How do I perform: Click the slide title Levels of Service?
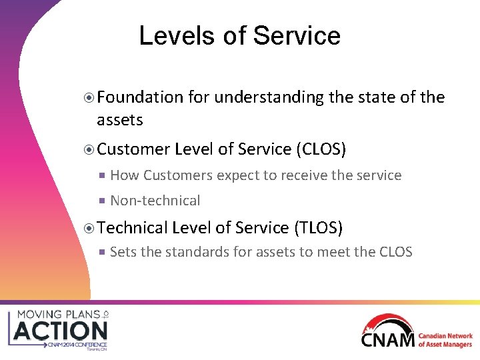point(239,36)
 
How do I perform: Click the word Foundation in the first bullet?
point(140,97)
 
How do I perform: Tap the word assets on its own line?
point(120,120)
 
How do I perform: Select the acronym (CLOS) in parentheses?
point(321,149)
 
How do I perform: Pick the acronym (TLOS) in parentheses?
point(318,228)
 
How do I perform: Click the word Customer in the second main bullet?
point(133,149)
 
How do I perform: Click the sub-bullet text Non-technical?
point(155,201)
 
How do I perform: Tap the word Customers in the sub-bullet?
point(175,175)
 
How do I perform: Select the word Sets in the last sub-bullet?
point(121,252)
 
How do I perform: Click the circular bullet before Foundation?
point(90,98)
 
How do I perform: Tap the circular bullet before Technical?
point(90,229)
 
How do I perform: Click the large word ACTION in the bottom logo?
point(60,331)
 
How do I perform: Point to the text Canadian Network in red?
point(445,337)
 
